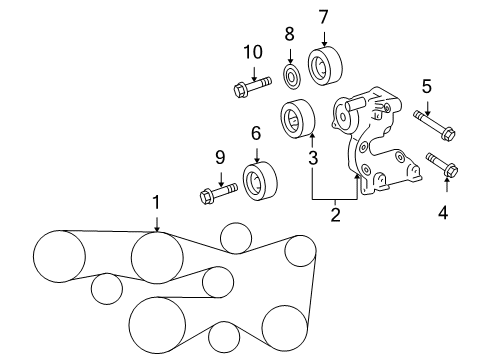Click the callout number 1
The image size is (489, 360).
tap(156, 203)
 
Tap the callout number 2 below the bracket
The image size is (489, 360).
tap(335, 213)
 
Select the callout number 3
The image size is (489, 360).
tap(313, 157)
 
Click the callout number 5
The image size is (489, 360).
tap(426, 87)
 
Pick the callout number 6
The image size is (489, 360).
tap(256, 132)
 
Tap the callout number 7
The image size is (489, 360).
tap(323, 16)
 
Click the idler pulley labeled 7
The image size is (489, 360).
tap(323, 67)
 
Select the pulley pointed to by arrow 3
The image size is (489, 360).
tap(296, 120)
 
